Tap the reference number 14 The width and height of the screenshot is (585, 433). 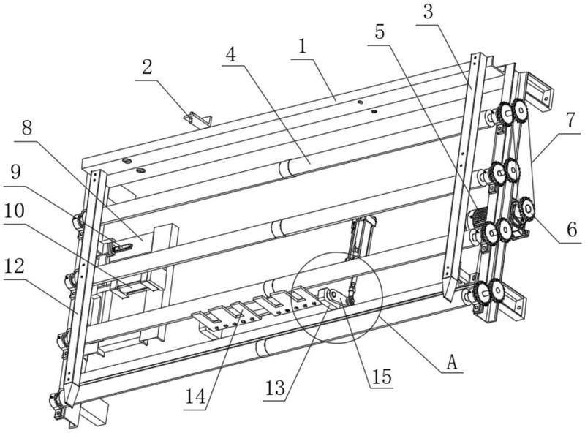coord(195,397)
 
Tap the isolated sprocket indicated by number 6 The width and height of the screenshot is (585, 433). coord(524,211)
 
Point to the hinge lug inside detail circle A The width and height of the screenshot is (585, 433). coord(334,297)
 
